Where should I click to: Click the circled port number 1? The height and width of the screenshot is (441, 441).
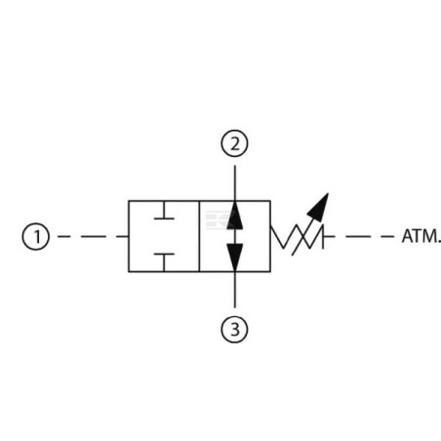click(x=36, y=236)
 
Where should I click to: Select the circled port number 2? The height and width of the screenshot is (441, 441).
click(x=234, y=143)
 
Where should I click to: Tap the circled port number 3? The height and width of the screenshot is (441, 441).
click(x=234, y=330)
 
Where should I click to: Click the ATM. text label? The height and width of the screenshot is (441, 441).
click(x=421, y=236)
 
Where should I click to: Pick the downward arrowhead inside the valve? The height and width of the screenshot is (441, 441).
click(x=235, y=257)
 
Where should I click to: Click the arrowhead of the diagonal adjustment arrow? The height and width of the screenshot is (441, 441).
click(x=319, y=207)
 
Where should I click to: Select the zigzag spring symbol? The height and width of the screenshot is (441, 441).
click(x=297, y=236)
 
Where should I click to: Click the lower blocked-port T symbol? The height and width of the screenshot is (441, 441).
click(x=164, y=262)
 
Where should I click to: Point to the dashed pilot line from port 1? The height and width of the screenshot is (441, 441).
click(x=93, y=236)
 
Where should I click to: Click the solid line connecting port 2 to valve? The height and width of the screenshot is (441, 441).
click(x=235, y=182)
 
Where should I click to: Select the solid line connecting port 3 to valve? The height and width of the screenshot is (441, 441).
click(x=235, y=290)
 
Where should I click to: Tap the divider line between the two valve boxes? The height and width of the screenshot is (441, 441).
click(x=199, y=236)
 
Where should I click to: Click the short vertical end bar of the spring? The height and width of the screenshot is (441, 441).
click(x=323, y=236)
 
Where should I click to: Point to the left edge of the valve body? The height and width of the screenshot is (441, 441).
click(x=129, y=236)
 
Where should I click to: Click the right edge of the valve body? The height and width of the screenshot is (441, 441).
click(x=270, y=236)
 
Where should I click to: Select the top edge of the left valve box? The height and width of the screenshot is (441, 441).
click(x=164, y=201)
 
